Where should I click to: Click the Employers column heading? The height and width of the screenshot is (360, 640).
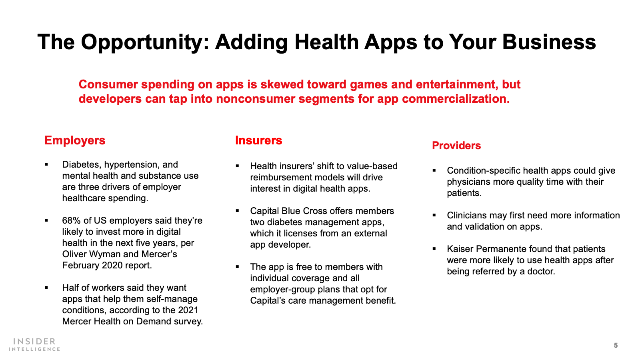[x=75, y=140]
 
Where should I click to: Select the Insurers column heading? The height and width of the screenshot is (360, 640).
[x=258, y=140]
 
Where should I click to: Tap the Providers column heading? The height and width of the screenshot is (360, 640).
[x=456, y=146]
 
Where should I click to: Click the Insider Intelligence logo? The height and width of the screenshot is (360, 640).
[x=34, y=344]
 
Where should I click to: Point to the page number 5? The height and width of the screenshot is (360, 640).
[x=616, y=346]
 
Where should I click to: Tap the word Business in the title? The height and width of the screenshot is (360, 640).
[x=549, y=42]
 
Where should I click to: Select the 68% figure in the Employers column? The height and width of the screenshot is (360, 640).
[x=71, y=220]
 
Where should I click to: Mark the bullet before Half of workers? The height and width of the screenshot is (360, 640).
[x=46, y=288]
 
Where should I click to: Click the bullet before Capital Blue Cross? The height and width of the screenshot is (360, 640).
[x=237, y=211]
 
